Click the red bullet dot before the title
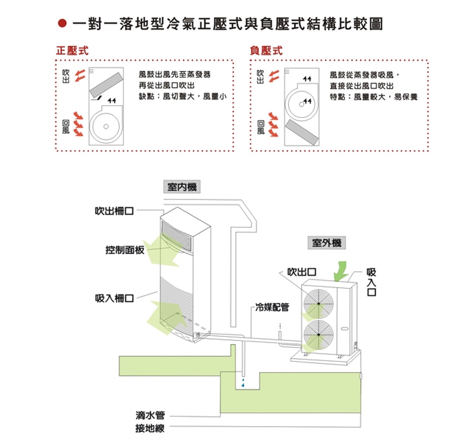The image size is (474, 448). point(61,26)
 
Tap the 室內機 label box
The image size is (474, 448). point(183,187)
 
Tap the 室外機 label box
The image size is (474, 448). point(326,243)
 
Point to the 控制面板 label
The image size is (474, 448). point(125,250)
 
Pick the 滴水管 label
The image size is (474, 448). point(151,416)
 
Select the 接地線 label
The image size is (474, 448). point(151,429)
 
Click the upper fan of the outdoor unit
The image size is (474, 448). point(320,300)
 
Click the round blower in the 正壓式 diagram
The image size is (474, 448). point(106,126)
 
